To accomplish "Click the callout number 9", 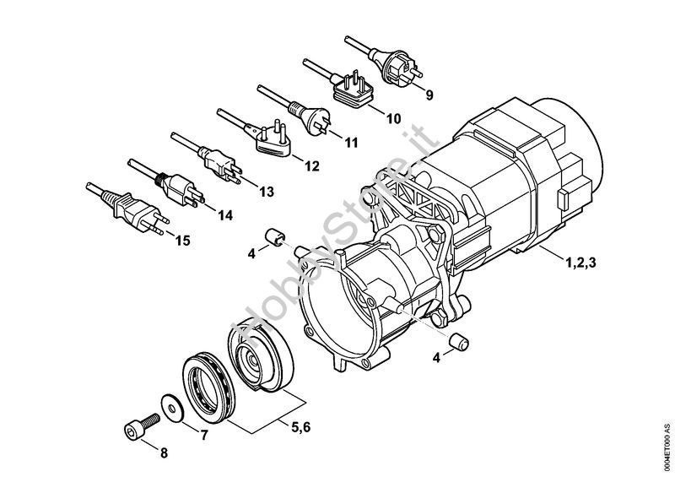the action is point(429,95).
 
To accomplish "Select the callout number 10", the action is point(393,118).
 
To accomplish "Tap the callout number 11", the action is point(351,142).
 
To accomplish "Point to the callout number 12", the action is point(312,165).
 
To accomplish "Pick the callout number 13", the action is point(267,192).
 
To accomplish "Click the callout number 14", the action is point(224,215).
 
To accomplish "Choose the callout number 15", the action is point(182,241).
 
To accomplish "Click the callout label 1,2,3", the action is point(580,262).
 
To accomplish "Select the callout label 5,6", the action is point(301,427).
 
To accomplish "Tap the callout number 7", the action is point(204,435).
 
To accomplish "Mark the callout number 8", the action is point(164,453).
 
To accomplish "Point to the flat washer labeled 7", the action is point(172,408).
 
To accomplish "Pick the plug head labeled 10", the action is point(353,92).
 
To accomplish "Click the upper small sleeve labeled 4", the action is point(275,237).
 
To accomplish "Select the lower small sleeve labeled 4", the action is point(459,342).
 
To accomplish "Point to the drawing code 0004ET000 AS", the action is point(667,447).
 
